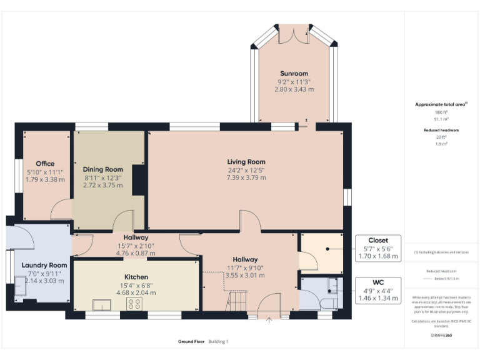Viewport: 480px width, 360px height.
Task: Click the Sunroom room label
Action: [294, 72]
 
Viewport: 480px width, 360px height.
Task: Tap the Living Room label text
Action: [246, 162]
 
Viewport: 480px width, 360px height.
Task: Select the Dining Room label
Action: [103, 169]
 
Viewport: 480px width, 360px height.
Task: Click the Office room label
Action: [45, 164]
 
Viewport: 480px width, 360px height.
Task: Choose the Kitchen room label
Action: [136, 277]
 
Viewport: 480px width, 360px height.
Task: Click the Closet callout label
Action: [377, 240]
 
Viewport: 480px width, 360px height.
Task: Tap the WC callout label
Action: [377, 282]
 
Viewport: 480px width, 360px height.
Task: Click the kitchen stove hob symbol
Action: [134, 304]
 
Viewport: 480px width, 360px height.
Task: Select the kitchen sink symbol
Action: [101, 304]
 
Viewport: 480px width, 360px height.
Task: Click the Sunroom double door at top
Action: [293, 33]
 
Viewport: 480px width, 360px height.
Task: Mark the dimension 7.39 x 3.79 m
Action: [246, 177]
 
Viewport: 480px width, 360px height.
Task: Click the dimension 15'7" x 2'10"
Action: [136, 246]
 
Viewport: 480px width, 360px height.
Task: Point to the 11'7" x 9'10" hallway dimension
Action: [246, 267]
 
